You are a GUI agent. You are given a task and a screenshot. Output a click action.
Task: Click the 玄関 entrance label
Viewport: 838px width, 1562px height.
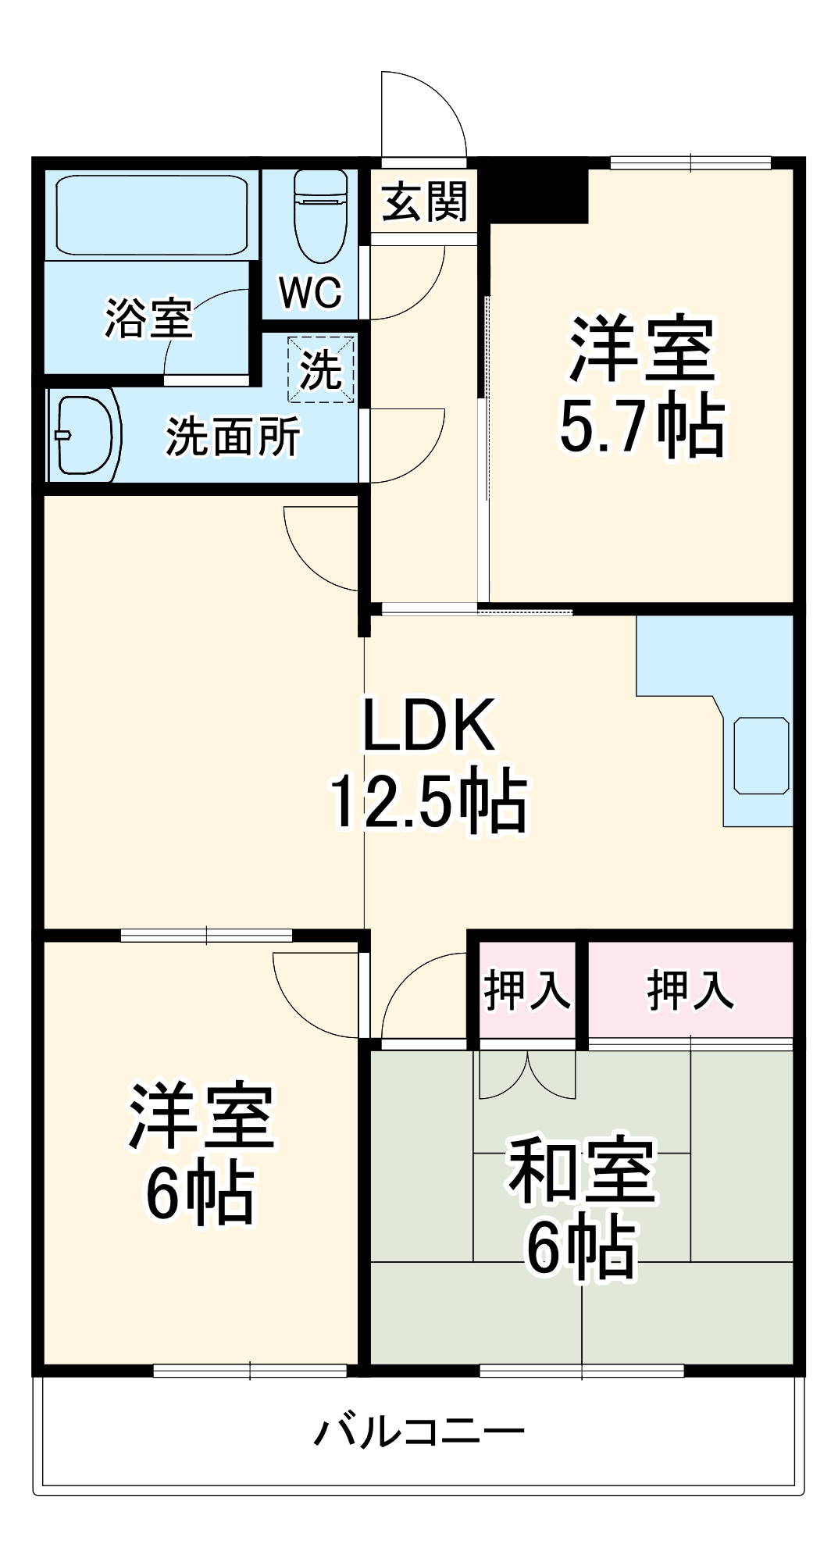[424, 201]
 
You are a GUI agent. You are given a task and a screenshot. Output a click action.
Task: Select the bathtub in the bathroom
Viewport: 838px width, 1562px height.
[152, 215]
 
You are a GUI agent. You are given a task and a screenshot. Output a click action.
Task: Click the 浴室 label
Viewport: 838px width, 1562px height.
[148, 319]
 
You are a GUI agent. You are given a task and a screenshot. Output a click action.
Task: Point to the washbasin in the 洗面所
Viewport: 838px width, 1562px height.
[84, 435]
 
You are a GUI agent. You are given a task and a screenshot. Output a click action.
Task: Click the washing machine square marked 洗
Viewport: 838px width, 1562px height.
[321, 369]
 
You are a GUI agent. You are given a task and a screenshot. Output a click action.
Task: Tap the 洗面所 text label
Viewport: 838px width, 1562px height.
[233, 437]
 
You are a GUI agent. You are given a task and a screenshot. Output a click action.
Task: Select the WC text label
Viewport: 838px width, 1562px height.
[311, 293]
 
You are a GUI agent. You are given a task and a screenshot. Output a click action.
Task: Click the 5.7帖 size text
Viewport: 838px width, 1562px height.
[642, 428]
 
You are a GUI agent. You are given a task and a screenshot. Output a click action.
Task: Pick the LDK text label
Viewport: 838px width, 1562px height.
[429, 725]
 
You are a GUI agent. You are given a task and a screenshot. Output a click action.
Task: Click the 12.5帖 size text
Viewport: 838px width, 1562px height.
[427, 801]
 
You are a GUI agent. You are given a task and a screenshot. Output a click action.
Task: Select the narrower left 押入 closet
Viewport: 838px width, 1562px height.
[527, 990]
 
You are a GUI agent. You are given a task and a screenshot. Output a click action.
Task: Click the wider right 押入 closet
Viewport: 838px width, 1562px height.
[690, 990]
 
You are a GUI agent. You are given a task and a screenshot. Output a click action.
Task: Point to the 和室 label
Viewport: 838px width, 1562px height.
[582, 1170]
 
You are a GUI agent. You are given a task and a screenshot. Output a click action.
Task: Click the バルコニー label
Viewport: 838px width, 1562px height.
[419, 1432]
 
